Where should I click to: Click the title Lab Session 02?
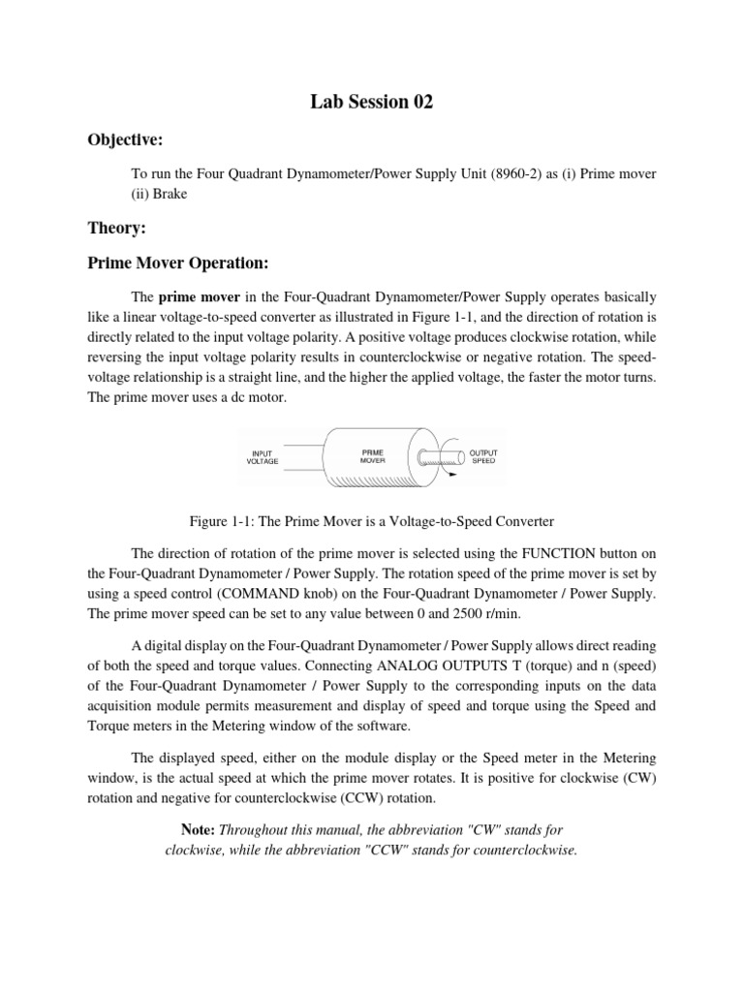tap(371, 103)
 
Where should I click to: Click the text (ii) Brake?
tap(159, 193)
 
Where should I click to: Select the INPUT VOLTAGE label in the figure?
tap(263, 456)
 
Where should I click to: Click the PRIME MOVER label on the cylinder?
tap(373, 456)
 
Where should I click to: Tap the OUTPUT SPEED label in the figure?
tap(482, 456)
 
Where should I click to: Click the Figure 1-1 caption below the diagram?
tap(371, 521)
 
